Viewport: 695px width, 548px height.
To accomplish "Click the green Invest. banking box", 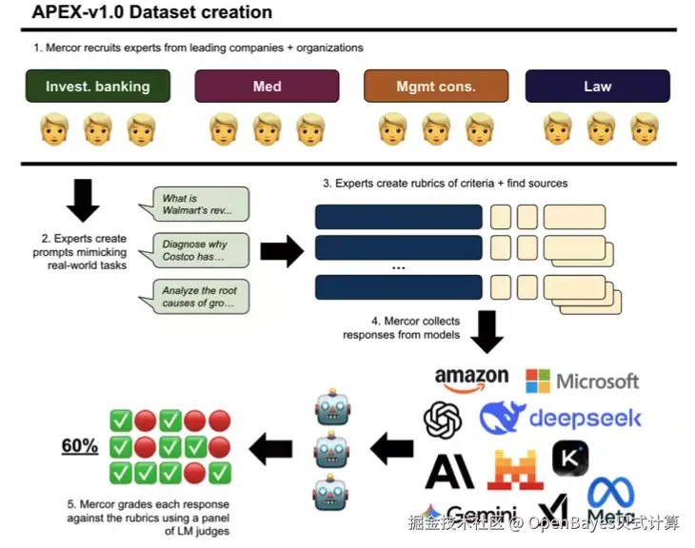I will point(98,87).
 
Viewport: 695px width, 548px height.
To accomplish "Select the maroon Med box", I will point(268,87).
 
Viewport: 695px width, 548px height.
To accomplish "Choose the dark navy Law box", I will point(597,87).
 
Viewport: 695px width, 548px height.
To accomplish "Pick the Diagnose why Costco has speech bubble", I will point(199,251).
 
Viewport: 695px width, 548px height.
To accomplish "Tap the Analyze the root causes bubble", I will point(199,297).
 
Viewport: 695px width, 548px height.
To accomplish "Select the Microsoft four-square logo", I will point(538,382).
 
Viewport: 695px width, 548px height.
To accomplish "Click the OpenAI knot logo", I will point(443,420).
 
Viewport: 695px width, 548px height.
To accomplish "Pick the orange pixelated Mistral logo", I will point(516,469).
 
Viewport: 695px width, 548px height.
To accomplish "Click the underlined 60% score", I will point(80,445).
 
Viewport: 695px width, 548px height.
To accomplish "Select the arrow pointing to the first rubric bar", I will point(281,251).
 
